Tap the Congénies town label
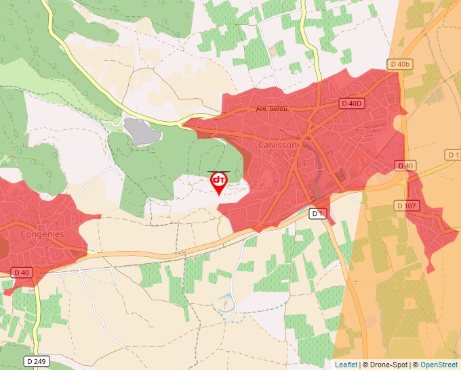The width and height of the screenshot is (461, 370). point(42,234)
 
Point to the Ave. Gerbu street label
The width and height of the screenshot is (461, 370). point(273,109)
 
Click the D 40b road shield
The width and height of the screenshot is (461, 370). point(400,64)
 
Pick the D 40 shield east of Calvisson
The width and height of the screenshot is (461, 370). point(405,166)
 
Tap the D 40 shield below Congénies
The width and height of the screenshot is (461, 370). point(22,272)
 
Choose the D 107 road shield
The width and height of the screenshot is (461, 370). point(406,206)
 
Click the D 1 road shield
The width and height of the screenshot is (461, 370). point(319,214)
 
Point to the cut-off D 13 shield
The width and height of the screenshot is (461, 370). point(454,155)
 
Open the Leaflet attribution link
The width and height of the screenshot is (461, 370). point(346,365)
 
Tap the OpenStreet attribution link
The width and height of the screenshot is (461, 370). point(439,365)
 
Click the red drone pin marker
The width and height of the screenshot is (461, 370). point(219,181)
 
